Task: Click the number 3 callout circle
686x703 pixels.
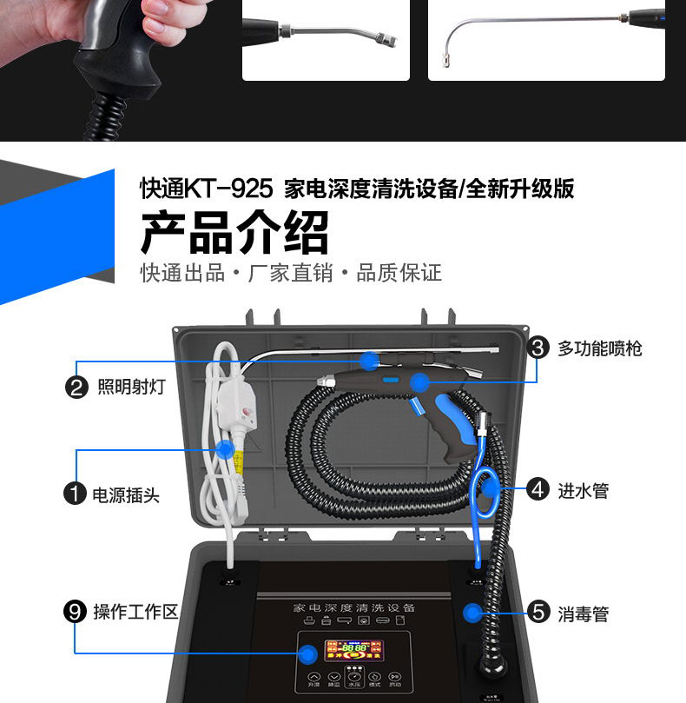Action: (x=538, y=348)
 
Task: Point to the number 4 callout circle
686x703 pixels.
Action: (x=538, y=490)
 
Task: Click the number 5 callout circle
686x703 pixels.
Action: (x=538, y=613)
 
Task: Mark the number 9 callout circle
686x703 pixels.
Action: (x=76, y=612)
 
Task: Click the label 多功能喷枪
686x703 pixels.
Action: (x=600, y=348)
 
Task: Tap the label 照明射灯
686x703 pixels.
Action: (x=130, y=387)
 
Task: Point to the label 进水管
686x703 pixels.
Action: (x=584, y=490)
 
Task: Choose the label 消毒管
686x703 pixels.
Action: (x=584, y=613)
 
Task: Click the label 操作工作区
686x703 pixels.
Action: (x=135, y=612)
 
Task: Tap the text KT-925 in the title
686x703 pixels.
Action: (x=230, y=189)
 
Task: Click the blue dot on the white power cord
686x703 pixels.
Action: (x=224, y=448)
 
